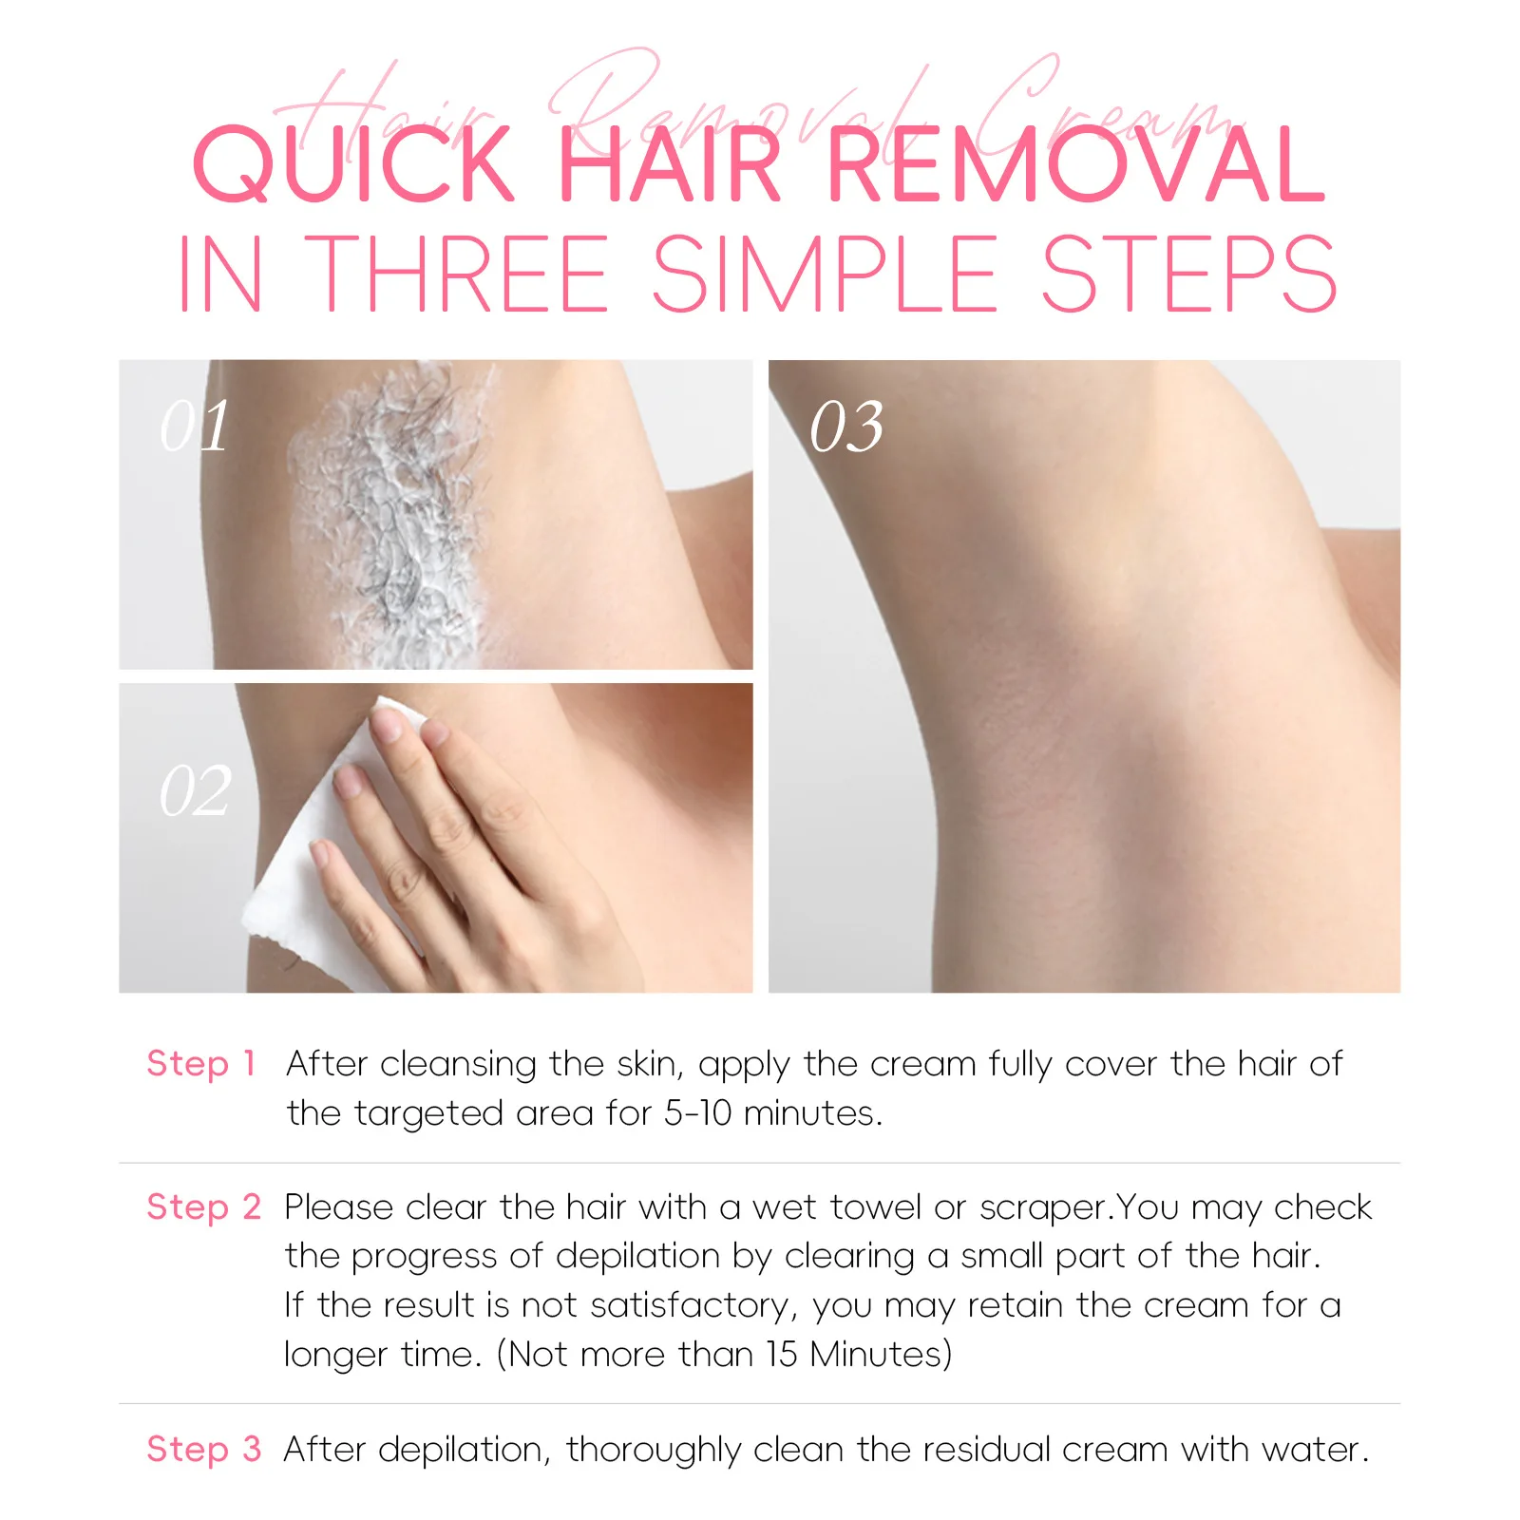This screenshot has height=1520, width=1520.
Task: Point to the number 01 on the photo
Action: [x=195, y=426]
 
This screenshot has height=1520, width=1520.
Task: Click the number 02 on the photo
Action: [x=195, y=790]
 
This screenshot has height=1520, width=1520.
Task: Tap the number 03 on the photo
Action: [x=846, y=427]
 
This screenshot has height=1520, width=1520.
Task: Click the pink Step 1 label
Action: [x=201, y=1063]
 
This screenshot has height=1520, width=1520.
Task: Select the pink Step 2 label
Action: [x=203, y=1206]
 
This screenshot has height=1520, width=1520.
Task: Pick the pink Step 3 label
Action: [x=203, y=1449]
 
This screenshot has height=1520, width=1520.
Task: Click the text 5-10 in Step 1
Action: [x=697, y=1112]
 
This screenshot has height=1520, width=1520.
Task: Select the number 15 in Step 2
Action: [x=782, y=1354]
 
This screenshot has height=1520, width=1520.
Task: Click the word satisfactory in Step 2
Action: [x=693, y=1305]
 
